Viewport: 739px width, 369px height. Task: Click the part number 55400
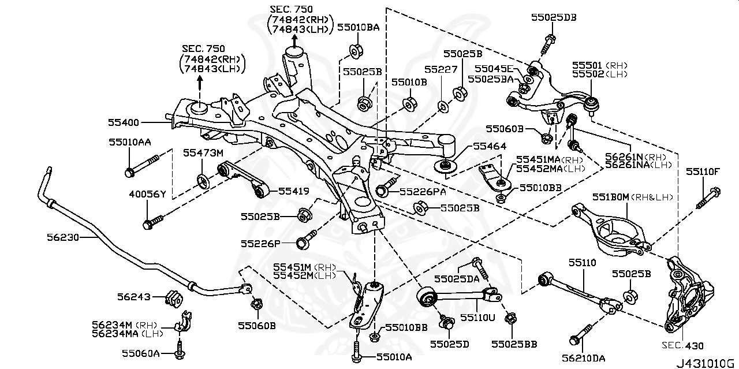click(124, 122)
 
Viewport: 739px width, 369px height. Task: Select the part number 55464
click(488, 147)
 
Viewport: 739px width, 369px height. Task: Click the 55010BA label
click(358, 27)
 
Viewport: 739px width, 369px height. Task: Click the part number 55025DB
click(553, 18)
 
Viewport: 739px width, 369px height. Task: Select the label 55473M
click(203, 153)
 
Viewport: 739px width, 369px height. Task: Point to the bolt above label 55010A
click(356, 348)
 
